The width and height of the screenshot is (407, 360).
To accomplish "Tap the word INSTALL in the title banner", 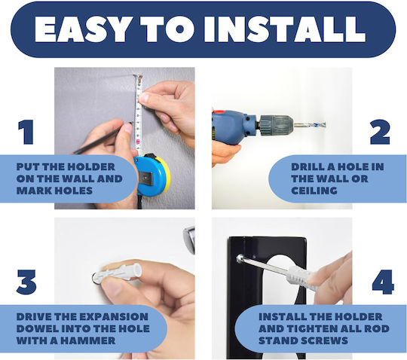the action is tap(285, 29).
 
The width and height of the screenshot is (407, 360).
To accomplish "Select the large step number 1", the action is tap(26, 132).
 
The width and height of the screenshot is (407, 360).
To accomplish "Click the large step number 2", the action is tap(380, 132).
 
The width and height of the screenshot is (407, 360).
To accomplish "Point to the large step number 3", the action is tap(26, 282).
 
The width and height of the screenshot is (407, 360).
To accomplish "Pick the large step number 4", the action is tap(383, 282).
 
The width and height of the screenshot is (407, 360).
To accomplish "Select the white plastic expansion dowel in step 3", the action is tap(118, 273).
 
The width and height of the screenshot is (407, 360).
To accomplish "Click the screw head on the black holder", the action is tap(240, 258).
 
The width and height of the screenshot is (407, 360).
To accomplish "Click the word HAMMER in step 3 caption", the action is tap(89, 340).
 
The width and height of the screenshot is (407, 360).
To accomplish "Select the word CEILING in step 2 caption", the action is tap(314, 191).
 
